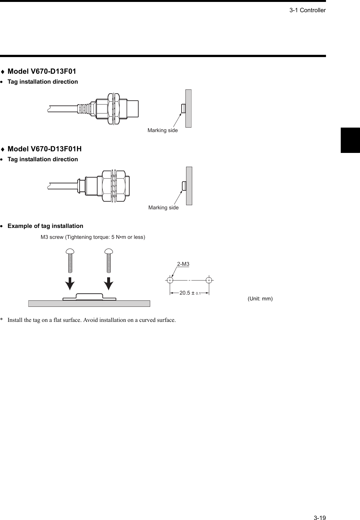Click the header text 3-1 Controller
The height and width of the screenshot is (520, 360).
[x=307, y=10]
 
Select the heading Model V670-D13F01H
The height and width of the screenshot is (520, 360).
[x=44, y=149]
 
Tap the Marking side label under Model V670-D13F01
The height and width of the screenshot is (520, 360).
[x=162, y=130]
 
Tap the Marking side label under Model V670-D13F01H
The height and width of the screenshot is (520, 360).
[x=163, y=208]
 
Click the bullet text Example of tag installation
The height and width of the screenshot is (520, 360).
[x=45, y=226]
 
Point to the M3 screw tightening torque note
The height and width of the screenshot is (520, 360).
[x=93, y=237]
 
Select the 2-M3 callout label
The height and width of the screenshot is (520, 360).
[x=183, y=264]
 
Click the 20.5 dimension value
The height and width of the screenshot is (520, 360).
[x=185, y=293]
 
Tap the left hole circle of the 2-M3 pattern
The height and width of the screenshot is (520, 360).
[x=170, y=280]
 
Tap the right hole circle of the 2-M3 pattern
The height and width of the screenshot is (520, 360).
[x=209, y=280]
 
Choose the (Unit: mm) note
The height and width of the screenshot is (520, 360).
[x=260, y=299]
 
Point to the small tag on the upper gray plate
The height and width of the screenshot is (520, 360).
[x=183, y=108]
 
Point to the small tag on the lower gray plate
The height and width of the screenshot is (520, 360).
[x=184, y=186]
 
